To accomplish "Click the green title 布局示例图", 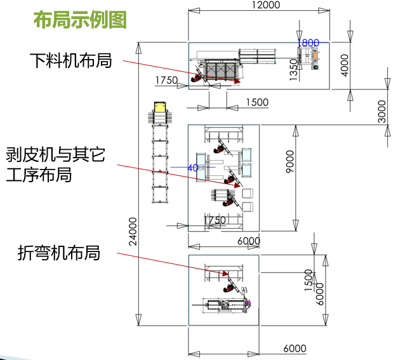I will point(80,20).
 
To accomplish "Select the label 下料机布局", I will point(70,61).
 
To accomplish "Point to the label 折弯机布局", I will point(58,253).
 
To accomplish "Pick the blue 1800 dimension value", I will point(308,43).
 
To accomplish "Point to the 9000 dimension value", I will point(289,162).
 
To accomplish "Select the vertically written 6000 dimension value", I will point(319,293).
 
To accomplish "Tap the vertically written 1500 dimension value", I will point(309,279).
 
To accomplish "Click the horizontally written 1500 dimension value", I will point(257,102).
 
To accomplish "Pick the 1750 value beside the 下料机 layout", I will point(166,80).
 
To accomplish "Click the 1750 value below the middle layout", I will point(215,220).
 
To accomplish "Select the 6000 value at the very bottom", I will point(294,349).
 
